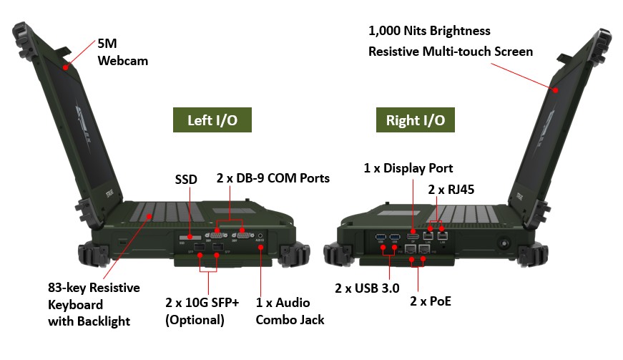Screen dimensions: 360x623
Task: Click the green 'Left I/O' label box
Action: coord(212,120)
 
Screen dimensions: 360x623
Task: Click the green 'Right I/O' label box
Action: coord(415,120)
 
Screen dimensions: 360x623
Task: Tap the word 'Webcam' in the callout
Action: coord(122,61)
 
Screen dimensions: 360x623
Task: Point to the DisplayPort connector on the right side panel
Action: coord(413,235)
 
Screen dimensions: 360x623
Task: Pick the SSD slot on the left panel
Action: coord(190,235)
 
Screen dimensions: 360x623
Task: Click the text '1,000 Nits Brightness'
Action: coord(429,31)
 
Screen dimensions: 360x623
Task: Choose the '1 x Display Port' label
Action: coord(408,169)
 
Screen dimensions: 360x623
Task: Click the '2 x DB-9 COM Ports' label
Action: coord(273,177)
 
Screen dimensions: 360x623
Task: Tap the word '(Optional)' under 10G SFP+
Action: coord(195,320)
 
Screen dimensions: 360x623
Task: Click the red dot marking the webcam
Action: coord(66,67)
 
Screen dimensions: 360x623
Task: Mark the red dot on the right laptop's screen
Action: coord(555,90)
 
